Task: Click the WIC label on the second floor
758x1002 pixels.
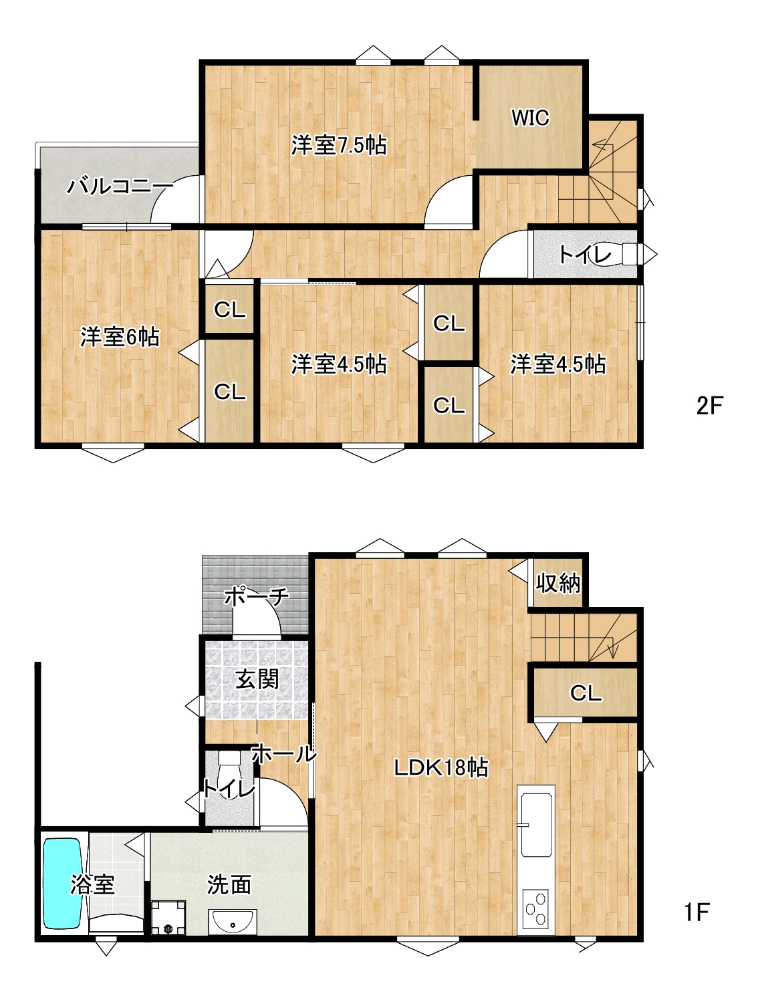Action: coord(530,118)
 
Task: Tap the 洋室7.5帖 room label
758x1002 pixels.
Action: coord(339,145)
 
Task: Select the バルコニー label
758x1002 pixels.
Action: coord(120,186)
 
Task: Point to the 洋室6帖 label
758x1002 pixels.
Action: coord(120,337)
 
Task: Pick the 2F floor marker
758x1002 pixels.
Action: coord(710,405)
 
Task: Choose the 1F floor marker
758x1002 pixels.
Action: coord(697,912)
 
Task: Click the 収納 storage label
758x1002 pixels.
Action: coord(557,583)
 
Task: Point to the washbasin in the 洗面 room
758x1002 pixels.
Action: coord(233,922)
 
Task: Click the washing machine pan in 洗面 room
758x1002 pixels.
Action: coord(168,918)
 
